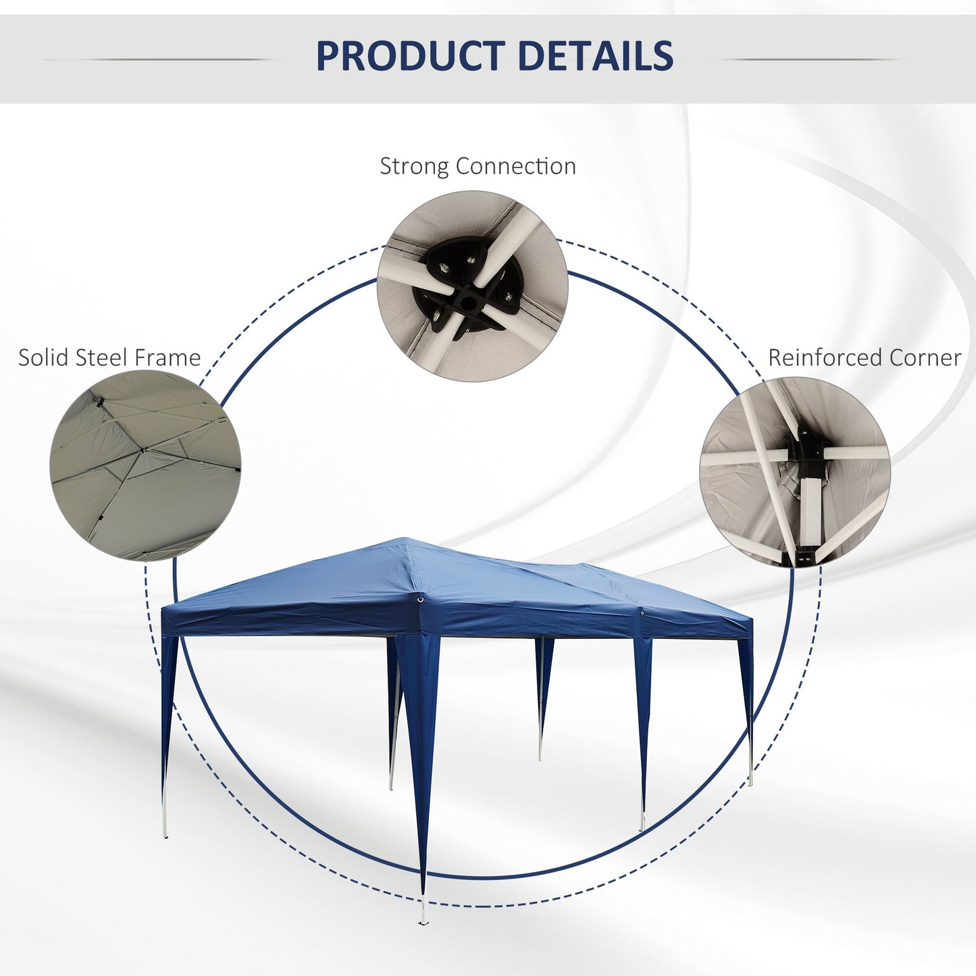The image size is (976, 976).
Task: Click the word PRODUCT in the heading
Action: pos(410,55)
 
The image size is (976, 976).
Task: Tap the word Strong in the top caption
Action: pos(414,168)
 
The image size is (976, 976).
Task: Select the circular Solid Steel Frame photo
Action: pos(145,465)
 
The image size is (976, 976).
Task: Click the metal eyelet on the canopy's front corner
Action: pos(420,600)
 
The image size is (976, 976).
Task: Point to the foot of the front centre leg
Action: pos(422,920)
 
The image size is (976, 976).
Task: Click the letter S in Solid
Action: pos(24,358)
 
